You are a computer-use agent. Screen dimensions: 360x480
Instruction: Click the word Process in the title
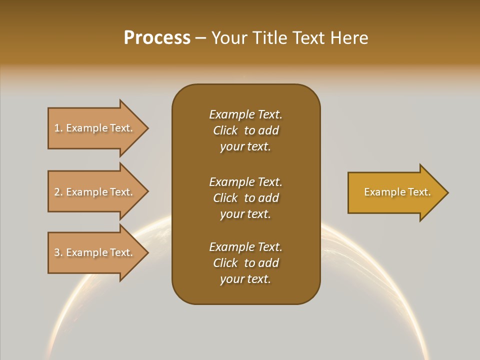157,38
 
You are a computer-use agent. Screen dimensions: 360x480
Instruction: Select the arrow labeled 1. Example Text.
95,128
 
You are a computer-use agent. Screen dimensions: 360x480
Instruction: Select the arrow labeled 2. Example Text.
95,192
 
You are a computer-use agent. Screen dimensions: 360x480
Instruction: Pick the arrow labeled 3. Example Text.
95,252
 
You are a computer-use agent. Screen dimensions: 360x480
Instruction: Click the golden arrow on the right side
395,192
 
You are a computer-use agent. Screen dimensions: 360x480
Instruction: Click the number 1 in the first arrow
57,128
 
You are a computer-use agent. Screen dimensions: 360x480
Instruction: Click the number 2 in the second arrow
57,192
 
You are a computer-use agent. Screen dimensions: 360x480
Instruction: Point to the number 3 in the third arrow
57,252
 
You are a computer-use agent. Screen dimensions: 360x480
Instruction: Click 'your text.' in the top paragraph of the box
245,147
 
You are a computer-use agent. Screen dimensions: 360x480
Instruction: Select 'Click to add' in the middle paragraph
245,198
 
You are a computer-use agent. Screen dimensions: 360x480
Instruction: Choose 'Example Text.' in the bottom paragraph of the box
245,247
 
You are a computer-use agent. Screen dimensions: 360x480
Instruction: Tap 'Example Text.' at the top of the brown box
245,114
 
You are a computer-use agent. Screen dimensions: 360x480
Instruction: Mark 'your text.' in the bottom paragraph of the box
245,279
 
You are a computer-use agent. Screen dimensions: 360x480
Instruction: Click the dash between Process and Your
200,38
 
